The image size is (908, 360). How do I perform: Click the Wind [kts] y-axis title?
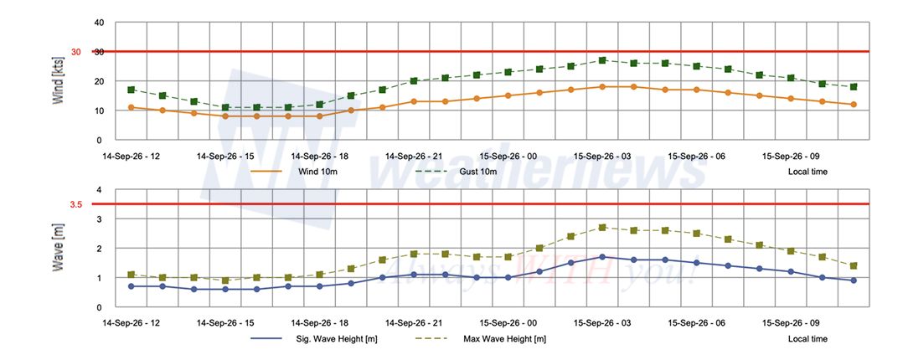[58, 80]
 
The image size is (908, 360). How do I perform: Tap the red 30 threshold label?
[76, 52]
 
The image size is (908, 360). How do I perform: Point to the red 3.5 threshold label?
[76, 204]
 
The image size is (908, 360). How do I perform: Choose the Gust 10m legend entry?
[457, 172]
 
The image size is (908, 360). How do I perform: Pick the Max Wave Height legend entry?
[481, 338]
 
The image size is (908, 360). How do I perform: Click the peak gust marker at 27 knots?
[602, 60]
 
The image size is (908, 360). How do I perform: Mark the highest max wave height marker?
[602, 228]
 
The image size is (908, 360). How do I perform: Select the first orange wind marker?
[131, 107]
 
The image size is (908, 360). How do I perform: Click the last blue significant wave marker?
[854, 280]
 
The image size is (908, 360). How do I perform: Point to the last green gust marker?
[854, 87]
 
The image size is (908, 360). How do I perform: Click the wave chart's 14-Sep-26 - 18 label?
[320, 323]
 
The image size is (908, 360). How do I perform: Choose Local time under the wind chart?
[807, 172]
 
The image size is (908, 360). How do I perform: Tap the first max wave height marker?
[131, 275]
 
